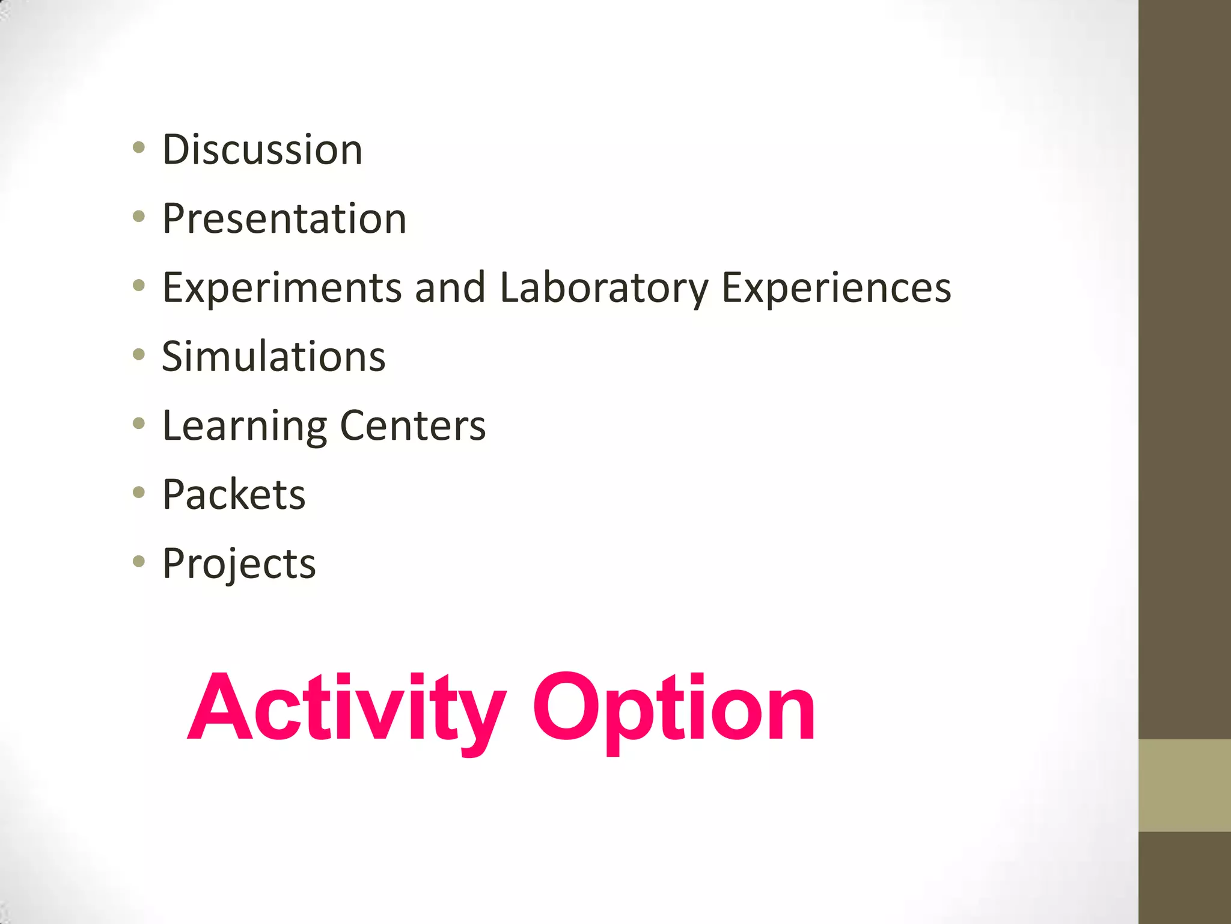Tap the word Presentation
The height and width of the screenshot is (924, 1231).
[x=284, y=218]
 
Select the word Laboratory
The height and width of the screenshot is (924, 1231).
[x=604, y=288]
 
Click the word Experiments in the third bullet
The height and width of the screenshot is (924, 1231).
[x=282, y=288]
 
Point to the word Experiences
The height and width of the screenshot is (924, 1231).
[x=836, y=288]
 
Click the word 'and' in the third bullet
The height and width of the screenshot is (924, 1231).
[x=450, y=288]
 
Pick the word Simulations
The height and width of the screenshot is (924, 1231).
[x=273, y=357]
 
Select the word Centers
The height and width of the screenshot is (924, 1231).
[x=413, y=426]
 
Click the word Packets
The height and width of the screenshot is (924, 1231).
[x=234, y=495]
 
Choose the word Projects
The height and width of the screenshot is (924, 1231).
[x=239, y=564]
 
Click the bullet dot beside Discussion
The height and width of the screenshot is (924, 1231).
[x=139, y=147]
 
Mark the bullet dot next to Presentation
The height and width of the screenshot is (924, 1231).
[x=139, y=217]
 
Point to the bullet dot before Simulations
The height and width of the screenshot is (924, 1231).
[x=139, y=355]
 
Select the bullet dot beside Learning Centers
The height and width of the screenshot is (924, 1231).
[x=139, y=424]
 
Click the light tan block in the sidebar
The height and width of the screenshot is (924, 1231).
[x=1185, y=785]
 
